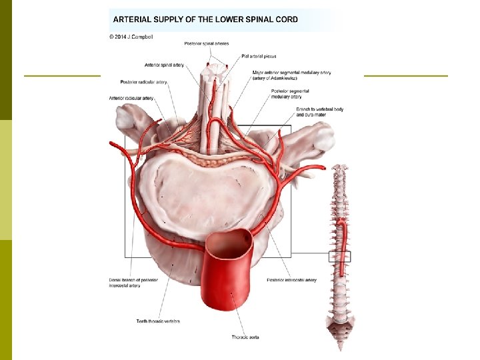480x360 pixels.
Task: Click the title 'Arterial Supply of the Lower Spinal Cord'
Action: tap(205, 19)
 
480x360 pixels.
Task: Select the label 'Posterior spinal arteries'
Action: tap(207, 43)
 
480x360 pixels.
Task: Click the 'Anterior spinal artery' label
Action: tap(164, 65)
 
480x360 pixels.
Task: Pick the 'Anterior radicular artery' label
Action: tap(131, 98)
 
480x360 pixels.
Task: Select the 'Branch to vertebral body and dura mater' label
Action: tap(319, 111)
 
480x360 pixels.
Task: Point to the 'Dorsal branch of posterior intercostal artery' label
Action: tap(134, 283)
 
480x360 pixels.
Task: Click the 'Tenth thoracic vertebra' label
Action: tap(158, 321)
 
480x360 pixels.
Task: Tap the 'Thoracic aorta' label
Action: tap(245, 337)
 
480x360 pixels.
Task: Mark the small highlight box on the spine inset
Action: tap(340, 256)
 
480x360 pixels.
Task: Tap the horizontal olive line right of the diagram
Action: tap(406, 76)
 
